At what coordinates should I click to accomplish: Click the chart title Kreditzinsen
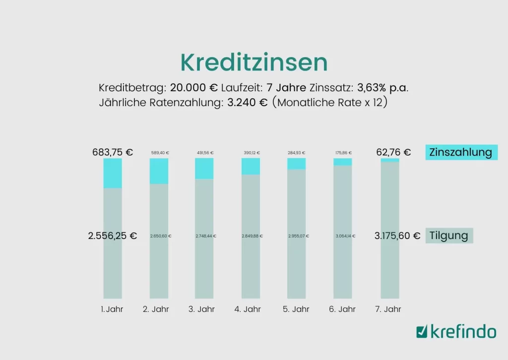tap(254, 62)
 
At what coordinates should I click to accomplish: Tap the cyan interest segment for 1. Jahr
tap(113, 173)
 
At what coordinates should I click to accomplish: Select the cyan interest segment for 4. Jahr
tap(251, 167)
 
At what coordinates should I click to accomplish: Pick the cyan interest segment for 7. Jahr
tap(390, 160)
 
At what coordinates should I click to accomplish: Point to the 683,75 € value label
tap(113, 152)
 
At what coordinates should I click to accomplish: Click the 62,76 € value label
tap(393, 152)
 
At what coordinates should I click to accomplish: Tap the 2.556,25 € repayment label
tap(113, 236)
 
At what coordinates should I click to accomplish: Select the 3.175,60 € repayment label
tap(397, 236)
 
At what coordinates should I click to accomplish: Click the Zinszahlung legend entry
tap(461, 152)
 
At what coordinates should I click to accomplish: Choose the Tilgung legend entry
tap(449, 236)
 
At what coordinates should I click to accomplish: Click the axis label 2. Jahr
tap(156, 309)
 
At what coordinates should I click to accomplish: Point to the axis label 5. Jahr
tap(296, 309)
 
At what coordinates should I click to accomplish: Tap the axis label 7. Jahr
tap(388, 309)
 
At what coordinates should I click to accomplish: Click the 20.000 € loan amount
tap(194, 88)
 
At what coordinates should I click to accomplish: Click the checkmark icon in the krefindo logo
tap(422, 331)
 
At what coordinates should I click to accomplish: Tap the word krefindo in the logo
tap(463, 331)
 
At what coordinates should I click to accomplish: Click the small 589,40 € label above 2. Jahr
tap(160, 153)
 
